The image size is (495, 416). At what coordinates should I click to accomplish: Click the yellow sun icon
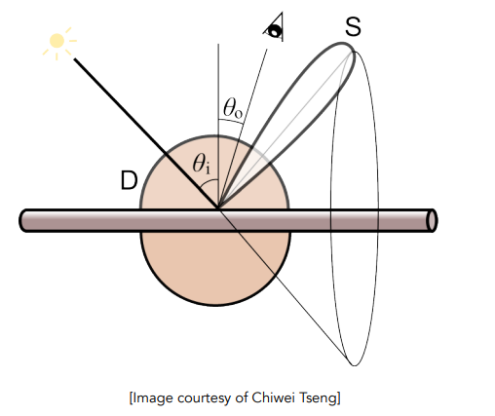(x=57, y=41)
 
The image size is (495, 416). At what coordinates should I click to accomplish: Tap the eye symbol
(x=275, y=28)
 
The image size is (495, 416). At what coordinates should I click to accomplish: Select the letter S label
(x=353, y=26)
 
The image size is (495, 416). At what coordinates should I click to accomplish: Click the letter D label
(x=129, y=180)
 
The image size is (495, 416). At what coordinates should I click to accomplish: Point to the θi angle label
(x=201, y=164)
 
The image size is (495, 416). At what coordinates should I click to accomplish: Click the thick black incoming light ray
(x=146, y=133)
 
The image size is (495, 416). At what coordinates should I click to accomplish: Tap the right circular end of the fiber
(x=432, y=220)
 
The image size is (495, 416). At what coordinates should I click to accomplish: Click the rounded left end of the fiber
(x=24, y=220)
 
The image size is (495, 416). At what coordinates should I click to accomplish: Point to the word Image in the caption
(x=153, y=398)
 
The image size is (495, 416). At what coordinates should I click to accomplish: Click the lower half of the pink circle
(x=215, y=269)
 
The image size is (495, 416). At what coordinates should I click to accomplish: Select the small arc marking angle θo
(x=231, y=121)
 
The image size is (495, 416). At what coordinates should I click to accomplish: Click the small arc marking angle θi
(x=208, y=182)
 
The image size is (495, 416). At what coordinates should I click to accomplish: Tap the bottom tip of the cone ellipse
(x=354, y=366)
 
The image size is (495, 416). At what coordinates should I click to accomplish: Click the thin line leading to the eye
(x=243, y=129)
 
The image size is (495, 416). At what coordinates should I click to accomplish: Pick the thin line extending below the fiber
(x=284, y=287)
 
